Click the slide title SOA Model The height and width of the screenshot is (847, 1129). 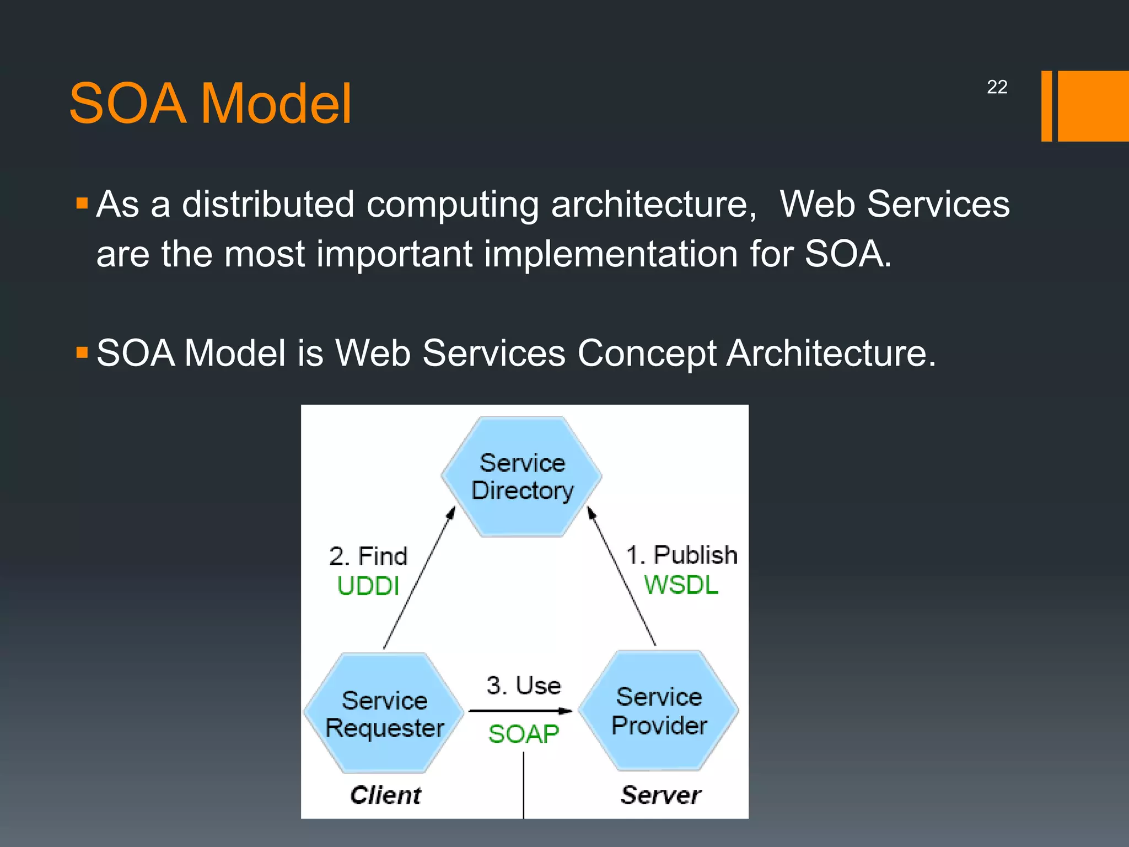210,104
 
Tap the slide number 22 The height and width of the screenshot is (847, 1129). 997,87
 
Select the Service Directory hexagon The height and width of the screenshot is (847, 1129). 522,476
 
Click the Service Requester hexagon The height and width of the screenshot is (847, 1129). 384,714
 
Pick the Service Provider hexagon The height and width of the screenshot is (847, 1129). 659,711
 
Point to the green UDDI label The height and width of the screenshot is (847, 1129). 368,586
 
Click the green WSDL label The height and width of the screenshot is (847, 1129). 681,585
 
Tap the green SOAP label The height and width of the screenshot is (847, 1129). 523,734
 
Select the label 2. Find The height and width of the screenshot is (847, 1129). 368,556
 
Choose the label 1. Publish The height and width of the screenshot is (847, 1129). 682,555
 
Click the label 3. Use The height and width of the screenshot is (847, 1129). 523,686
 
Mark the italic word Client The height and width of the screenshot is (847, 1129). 385,795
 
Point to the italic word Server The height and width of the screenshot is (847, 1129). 660,795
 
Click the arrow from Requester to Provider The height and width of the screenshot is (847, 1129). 520,711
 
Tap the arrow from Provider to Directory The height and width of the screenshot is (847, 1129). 622,576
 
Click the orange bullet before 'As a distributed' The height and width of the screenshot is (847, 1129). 82,204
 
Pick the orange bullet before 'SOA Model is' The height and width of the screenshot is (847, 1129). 82,352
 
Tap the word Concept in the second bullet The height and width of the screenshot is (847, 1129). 647,353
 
